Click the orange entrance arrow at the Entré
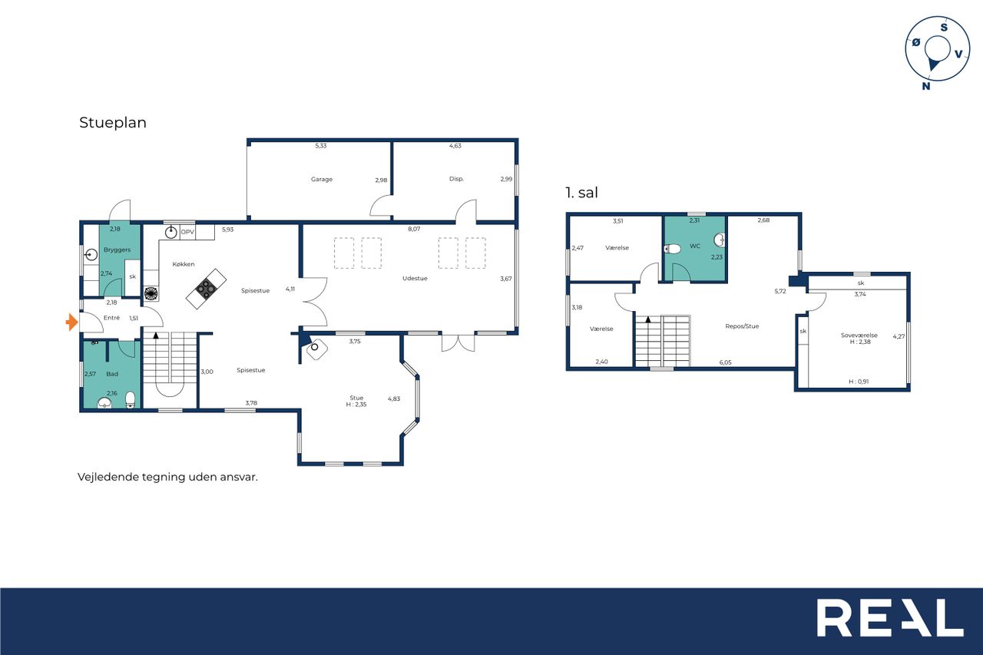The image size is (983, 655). point(72,323)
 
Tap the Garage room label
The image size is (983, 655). point(322,179)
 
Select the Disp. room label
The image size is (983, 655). point(456,179)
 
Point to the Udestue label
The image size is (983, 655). point(415,278)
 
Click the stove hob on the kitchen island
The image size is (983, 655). point(205,288)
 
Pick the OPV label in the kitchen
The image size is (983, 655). point(187,232)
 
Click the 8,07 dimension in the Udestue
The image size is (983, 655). point(414,229)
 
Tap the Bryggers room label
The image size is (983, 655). point(117,250)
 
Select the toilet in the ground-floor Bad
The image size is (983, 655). point(130,399)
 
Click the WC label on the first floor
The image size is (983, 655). point(695,246)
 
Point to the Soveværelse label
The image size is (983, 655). point(859,335)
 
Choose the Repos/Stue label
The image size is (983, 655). point(742,326)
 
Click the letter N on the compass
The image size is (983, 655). point(926,86)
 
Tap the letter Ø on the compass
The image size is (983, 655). point(916,42)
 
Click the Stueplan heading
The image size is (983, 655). point(113,122)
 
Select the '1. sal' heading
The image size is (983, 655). point(582,193)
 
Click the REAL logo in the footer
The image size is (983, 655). point(890,617)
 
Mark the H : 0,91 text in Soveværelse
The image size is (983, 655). point(859,382)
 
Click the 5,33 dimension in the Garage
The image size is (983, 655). point(321,146)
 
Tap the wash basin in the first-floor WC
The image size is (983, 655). point(719,240)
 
